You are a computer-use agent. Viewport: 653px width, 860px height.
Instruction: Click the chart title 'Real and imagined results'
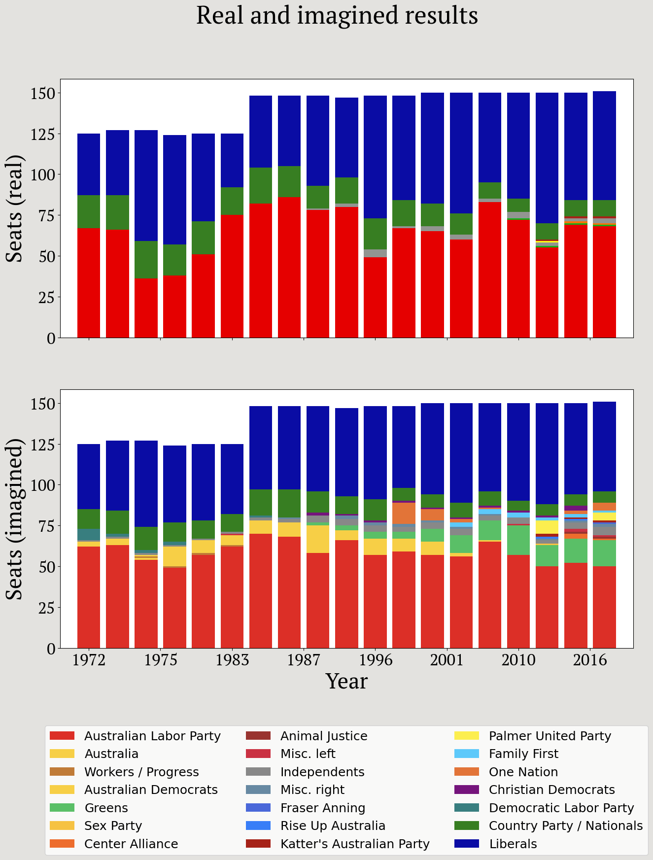pos(337,16)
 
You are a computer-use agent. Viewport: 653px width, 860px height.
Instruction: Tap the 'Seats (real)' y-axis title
pos(15,208)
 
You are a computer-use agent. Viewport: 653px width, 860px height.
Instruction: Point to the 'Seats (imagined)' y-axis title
pos(15,519)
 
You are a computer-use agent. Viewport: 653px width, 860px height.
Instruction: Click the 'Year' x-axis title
pos(346,682)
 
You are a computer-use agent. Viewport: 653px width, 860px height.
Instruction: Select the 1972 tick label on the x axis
pos(89,660)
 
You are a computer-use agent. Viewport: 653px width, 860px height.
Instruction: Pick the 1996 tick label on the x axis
pos(375,660)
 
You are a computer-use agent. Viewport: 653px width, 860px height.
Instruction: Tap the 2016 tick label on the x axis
pos(590,660)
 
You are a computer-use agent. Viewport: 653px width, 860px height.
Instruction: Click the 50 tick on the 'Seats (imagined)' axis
pos(47,567)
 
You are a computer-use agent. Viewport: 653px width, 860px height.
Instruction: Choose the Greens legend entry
pos(106,808)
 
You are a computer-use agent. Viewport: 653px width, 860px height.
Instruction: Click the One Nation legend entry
pos(523,772)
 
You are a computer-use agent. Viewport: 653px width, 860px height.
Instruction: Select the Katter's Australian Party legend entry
pos(355,844)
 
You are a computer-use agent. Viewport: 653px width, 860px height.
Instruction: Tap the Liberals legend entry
pos(513,844)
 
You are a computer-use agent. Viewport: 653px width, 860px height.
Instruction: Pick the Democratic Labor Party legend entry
pos(561,808)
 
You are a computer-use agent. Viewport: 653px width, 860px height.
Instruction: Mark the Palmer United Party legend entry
pos(550,736)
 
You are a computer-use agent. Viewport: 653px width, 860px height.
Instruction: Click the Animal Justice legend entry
pos(324,736)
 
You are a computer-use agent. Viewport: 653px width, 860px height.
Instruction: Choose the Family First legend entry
pos(523,754)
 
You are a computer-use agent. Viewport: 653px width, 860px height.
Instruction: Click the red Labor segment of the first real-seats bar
pos(89,283)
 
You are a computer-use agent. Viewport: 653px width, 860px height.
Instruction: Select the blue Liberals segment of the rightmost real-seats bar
pos(604,145)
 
